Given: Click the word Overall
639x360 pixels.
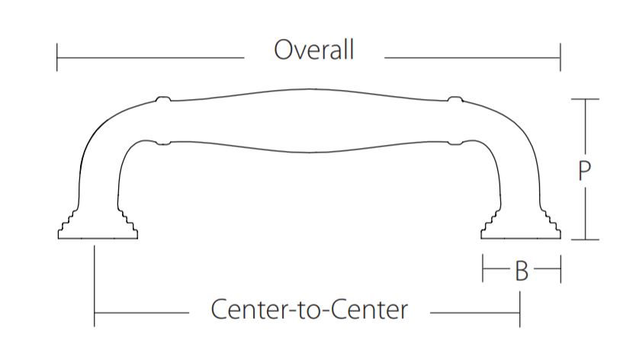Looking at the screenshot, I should tap(314, 50).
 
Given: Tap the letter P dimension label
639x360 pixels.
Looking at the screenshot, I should tap(584, 170).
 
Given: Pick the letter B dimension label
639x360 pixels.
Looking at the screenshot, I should tap(522, 271).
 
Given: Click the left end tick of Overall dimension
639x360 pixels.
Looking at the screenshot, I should tap(57, 57).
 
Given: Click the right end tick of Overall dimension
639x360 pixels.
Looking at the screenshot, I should tap(560, 57).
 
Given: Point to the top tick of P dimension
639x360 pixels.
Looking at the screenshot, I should tap(585, 99).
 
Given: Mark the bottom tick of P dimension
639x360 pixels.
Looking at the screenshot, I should tap(585, 239).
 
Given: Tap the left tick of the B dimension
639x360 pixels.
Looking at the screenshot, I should tap(483, 269).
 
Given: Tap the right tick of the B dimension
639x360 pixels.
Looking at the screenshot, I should tap(560, 269).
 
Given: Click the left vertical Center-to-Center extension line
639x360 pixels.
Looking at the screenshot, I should tap(95, 282).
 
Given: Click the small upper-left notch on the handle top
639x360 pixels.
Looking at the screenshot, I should tap(161, 99).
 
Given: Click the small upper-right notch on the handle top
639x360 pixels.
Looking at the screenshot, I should tap(454, 99).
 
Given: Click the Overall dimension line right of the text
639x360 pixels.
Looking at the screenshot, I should tap(472, 57).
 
